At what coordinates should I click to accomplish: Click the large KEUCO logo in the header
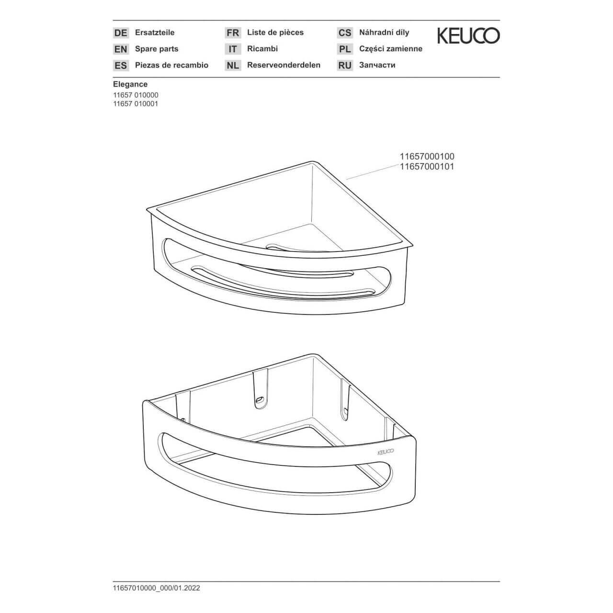pyautogui.click(x=468, y=36)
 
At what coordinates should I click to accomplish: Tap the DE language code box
pyautogui.click(x=121, y=33)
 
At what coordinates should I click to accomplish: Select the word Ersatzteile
pyautogui.click(x=155, y=33)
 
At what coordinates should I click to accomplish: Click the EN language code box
pyautogui.click(x=121, y=49)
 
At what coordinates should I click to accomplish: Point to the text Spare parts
pyautogui.click(x=157, y=49)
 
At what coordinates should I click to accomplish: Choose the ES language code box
pyautogui.click(x=121, y=66)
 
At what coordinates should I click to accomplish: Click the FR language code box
pyautogui.click(x=233, y=33)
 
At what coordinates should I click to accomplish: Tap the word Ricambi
pyautogui.click(x=262, y=49)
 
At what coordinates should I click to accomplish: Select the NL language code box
pyautogui.click(x=233, y=66)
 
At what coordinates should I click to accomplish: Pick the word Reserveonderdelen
pyautogui.click(x=284, y=65)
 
